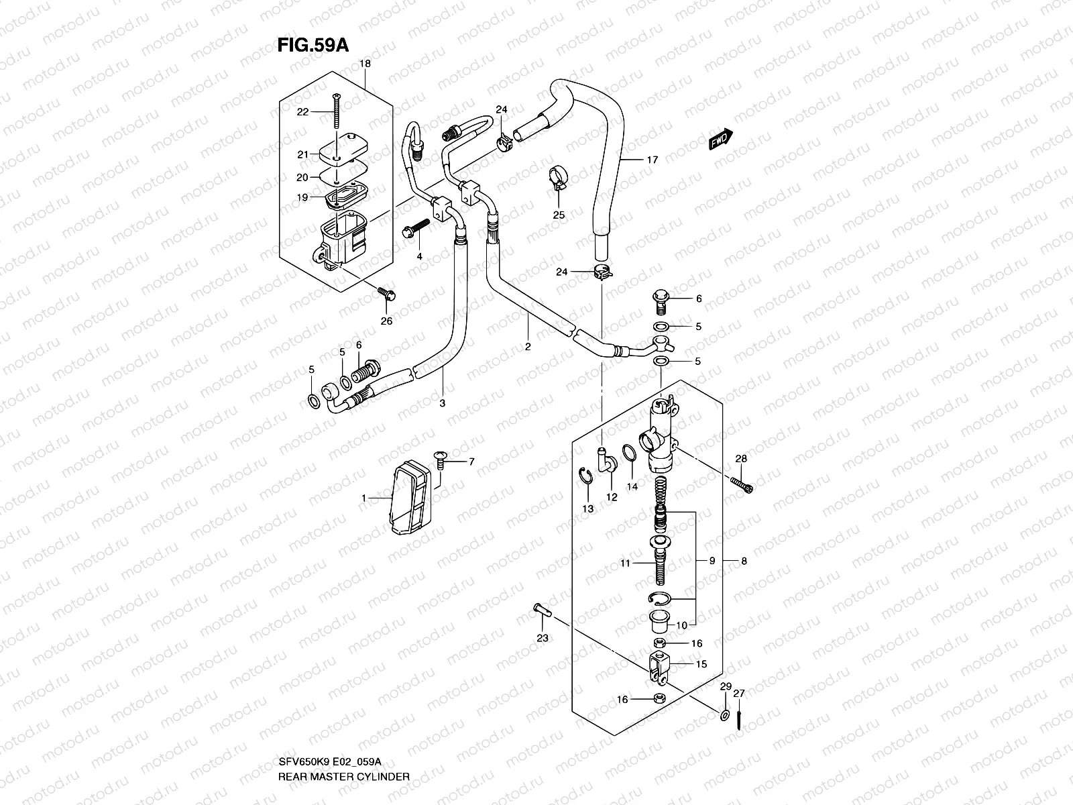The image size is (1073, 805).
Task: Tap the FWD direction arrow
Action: [721, 140]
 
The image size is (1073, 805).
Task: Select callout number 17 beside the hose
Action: [652, 160]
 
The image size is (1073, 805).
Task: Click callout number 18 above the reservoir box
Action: [365, 64]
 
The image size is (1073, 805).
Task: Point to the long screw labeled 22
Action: [335, 114]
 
